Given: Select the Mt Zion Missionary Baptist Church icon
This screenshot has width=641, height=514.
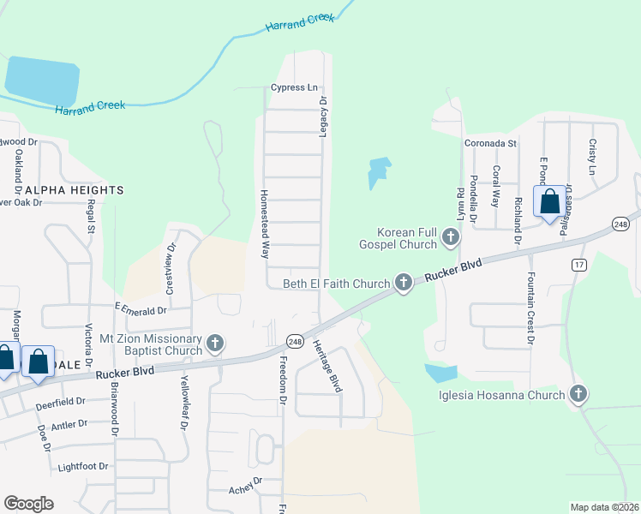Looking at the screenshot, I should (x=215, y=344).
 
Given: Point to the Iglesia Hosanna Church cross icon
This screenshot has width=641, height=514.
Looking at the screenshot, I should (x=578, y=394).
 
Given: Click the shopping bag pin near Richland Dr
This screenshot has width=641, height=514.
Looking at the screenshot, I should (x=549, y=203).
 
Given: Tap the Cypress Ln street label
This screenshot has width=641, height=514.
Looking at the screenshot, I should (x=294, y=87).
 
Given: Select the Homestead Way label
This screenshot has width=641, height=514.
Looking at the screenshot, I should (x=266, y=224).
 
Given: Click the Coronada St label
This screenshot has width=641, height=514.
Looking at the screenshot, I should (x=490, y=144).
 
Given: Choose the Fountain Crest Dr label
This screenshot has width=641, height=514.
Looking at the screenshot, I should (x=531, y=308).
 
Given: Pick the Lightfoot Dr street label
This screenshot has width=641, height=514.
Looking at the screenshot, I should (x=83, y=467).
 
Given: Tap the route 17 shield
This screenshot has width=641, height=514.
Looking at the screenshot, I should (x=579, y=265).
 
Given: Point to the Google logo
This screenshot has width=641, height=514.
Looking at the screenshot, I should (x=28, y=503).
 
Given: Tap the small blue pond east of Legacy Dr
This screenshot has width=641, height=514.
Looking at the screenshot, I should (x=378, y=172).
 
